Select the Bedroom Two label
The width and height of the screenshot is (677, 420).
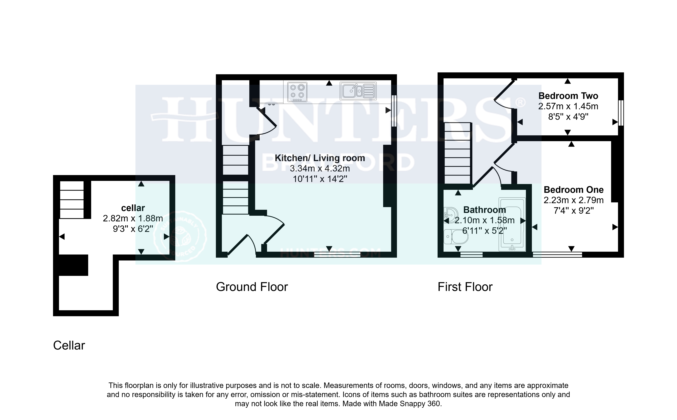568,96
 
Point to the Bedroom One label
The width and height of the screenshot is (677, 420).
573,190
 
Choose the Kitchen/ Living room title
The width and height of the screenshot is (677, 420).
320,158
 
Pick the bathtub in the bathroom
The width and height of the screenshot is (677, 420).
512,224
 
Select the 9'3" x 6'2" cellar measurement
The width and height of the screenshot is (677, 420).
133,229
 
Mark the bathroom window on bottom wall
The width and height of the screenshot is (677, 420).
471,255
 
